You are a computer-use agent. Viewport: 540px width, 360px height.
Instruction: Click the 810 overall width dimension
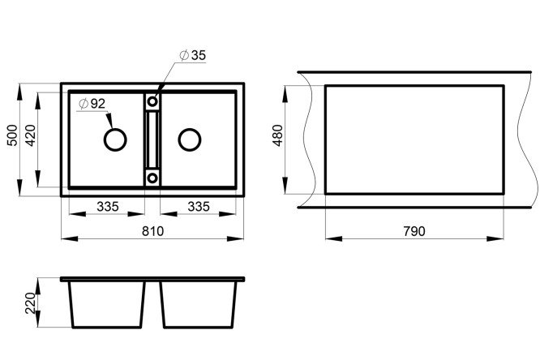point(152,231)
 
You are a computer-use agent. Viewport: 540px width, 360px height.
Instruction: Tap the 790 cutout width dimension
point(414,231)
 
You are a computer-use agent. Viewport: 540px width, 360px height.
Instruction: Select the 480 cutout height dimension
point(277,135)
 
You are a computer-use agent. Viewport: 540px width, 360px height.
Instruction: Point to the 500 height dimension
point(12,135)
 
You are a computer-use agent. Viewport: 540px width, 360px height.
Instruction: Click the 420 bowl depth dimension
point(31,135)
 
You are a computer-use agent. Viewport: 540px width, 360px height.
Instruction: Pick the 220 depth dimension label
point(31,303)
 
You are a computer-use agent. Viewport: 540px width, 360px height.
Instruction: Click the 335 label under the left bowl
point(108,207)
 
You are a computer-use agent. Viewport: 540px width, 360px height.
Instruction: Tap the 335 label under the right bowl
point(199,207)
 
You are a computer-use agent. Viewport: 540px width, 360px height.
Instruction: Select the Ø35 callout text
point(193,55)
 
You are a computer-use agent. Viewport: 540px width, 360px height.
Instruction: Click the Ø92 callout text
point(92,103)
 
